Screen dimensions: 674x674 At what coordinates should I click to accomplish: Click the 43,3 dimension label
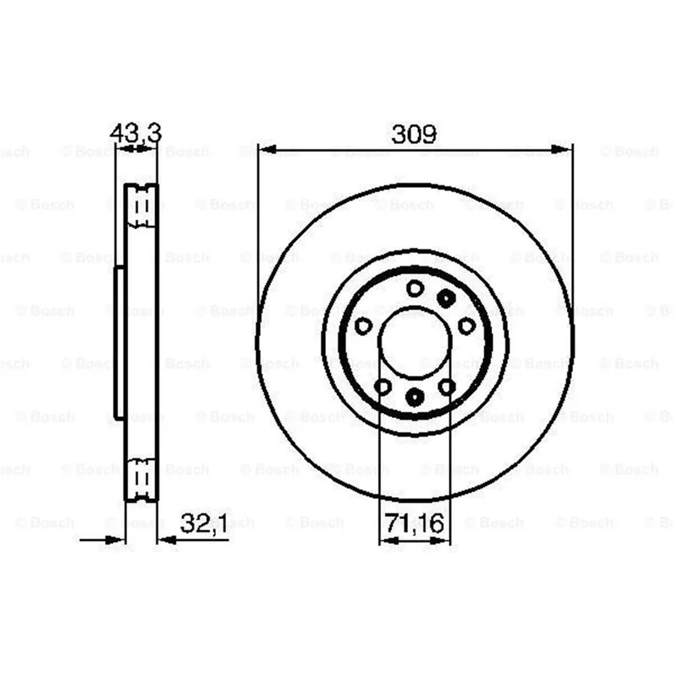[x=136, y=133]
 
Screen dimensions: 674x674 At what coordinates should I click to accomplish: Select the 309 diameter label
[x=414, y=134]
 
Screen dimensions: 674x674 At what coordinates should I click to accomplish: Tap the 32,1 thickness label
[x=204, y=523]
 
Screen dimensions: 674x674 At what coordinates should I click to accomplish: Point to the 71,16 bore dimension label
[x=414, y=523]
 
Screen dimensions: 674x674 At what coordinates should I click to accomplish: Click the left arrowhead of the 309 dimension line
[x=266, y=150]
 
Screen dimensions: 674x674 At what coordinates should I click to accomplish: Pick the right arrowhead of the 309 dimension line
[x=561, y=150]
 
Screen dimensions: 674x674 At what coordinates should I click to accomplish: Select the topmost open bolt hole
[x=415, y=288]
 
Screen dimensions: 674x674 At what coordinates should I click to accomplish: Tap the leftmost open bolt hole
[x=363, y=326]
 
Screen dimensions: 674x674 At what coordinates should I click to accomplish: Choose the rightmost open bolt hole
[x=467, y=326]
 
